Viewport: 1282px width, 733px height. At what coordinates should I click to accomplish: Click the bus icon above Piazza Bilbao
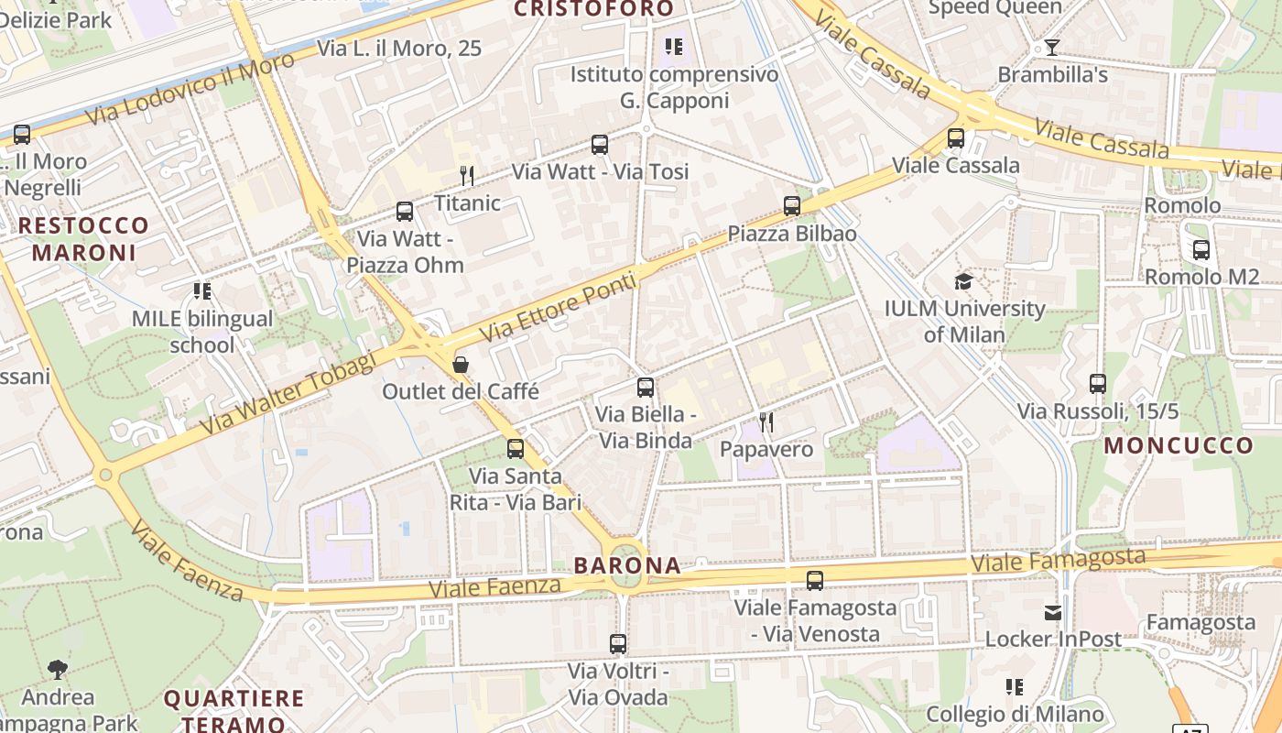(792, 206)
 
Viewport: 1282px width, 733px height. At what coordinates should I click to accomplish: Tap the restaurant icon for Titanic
(467, 176)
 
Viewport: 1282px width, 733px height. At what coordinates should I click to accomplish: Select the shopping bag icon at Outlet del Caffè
(461, 365)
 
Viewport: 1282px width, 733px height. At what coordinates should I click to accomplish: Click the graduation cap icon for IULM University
(963, 281)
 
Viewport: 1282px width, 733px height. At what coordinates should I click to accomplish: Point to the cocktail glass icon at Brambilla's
(1051, 48)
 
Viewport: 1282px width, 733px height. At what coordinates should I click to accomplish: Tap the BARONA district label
(627, 565)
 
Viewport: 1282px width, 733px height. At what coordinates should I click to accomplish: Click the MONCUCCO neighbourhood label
(1178, 446)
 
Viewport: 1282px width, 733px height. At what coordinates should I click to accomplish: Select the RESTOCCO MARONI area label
(83, 238)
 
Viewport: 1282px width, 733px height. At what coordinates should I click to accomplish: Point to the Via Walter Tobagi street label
(288, 394)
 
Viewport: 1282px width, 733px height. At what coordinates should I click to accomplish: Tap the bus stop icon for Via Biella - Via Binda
(646, 388)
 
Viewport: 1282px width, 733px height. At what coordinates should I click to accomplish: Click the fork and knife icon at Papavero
(766, 422)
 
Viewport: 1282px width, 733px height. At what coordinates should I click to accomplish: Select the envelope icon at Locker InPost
(1053, 612)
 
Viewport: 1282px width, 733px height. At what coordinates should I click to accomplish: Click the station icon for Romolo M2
(1201, 249)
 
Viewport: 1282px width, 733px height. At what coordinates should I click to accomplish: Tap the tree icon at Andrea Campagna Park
(58, 669)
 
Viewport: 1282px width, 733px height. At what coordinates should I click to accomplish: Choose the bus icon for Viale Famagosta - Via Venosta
(815, 580)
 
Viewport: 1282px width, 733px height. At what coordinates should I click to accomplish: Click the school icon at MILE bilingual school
(202, 291)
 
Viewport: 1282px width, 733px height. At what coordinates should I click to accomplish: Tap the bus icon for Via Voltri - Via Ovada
(618, 644)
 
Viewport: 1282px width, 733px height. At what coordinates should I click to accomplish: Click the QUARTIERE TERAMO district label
(234, 711)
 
